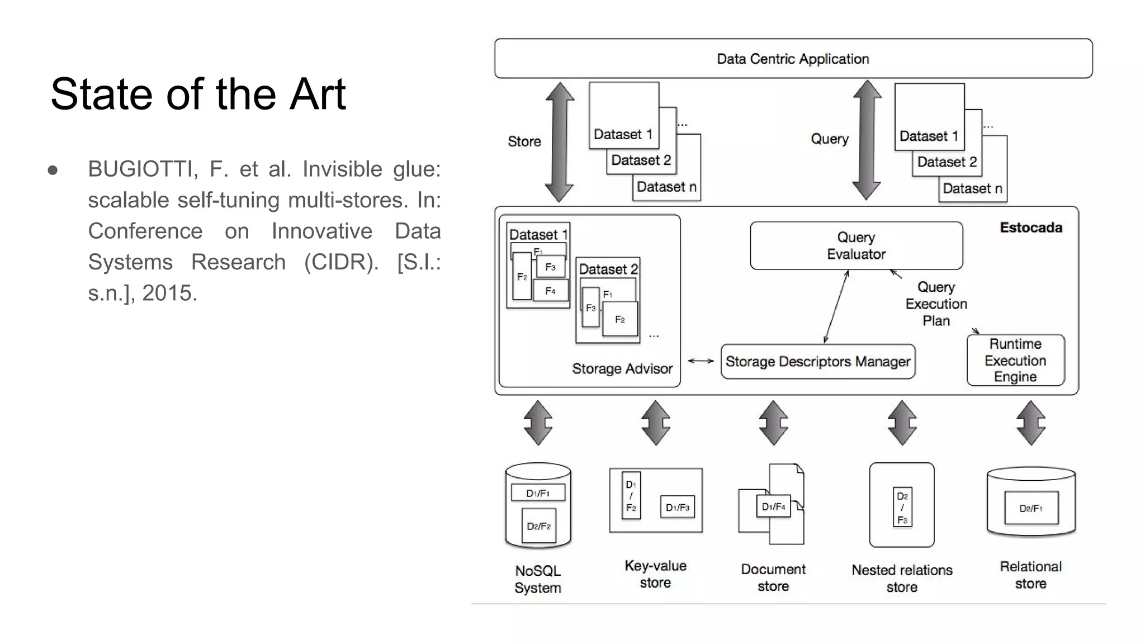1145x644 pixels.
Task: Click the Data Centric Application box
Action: (x=793, y=59)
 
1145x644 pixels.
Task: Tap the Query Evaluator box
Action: (x=856, y=246)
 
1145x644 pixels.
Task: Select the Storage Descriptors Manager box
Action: (x=817, y=362)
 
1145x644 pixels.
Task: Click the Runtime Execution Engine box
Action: (x=1015, y=360)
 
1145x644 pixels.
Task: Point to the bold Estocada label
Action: (x=1030, y=228)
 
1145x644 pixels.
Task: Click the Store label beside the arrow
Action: (x=524, y=141)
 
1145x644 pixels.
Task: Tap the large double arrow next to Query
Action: (x=867, y=140)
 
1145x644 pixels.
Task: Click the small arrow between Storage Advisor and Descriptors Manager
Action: (x=701, y=361)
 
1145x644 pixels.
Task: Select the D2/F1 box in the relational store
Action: (x=1030, y=508)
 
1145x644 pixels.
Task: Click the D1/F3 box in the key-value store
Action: (x=677, y=507)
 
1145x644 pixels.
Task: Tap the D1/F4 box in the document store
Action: (x=773, y=506)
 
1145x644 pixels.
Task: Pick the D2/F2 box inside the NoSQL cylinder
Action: (x=538, y=526)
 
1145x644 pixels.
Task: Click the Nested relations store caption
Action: (x=901, y=578)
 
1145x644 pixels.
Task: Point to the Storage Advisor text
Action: (x=622, y=369)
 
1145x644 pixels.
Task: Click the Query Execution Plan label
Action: (x=936, y=304)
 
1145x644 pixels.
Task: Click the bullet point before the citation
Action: (x=53, y=169)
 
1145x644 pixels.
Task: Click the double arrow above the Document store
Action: (x=773, y=423)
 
